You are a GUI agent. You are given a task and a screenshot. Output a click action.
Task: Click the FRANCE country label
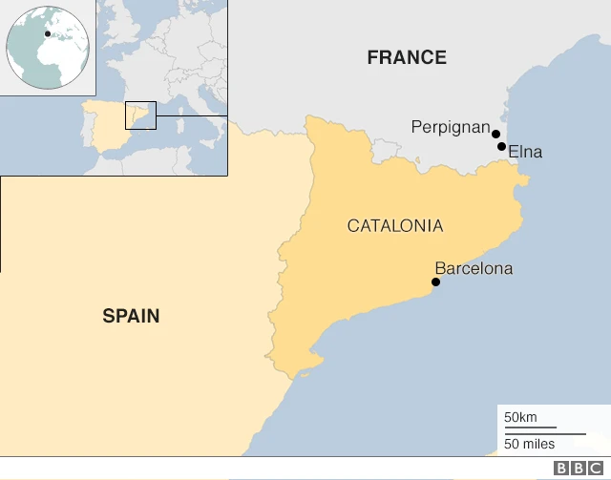[407, 57]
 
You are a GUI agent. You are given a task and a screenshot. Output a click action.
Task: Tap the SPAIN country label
[131, 316]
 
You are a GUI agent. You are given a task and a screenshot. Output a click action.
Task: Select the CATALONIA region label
[394, 226]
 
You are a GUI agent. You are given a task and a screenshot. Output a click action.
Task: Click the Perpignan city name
[450, 127]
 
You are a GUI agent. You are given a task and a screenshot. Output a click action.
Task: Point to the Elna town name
[525, 151]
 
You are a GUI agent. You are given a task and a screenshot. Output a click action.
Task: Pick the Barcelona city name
[474, 268]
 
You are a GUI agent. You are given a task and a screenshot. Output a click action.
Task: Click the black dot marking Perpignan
[495, 134]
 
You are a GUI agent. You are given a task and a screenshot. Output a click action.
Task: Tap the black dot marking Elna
[502, 146]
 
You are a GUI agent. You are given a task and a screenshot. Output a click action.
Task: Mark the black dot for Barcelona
[436, 282]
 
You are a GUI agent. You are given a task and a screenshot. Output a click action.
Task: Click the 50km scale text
[520, 417]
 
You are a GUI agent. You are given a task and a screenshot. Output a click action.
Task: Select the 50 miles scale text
[529, 444]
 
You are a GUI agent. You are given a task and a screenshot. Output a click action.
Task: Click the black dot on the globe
[48, 34]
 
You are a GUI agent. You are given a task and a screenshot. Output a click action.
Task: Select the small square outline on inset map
[140, 115]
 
